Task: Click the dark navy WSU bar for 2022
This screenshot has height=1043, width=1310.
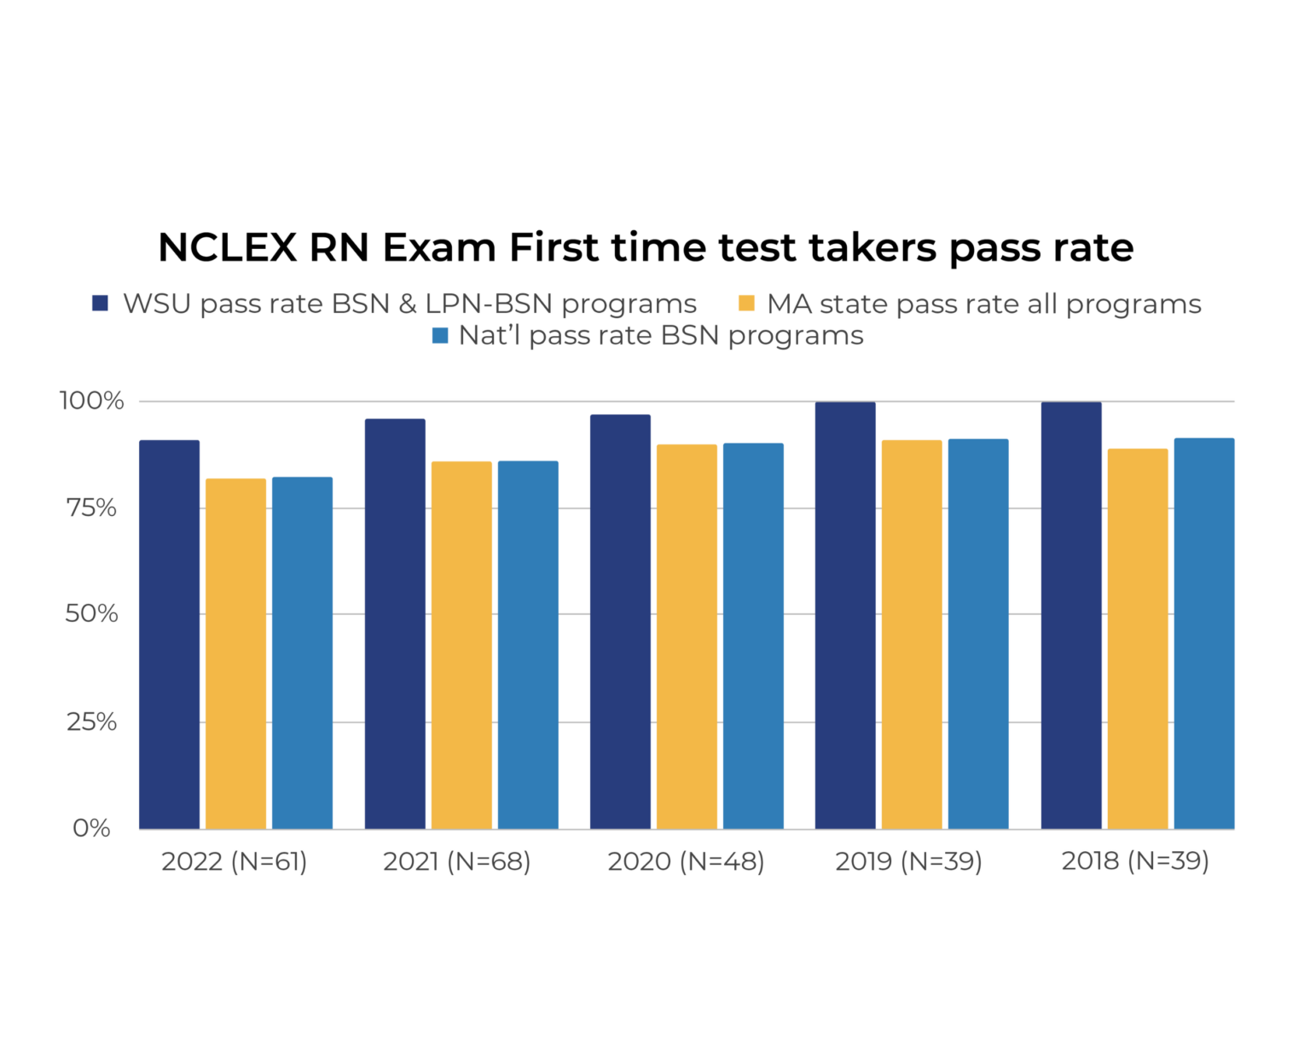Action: click(169, 634)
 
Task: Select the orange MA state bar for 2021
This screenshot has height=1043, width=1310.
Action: click(461, 645)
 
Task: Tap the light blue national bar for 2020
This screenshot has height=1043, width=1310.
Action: click(753, 636)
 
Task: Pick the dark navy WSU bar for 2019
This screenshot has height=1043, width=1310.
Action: click(845, 615)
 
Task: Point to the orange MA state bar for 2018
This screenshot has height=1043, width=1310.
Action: click(1138, 639)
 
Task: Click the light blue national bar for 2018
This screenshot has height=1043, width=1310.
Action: click(1204, 634)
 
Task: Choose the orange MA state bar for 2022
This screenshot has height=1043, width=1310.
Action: click(235, 653)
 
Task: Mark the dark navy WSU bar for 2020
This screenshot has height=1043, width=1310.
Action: click(620, 622)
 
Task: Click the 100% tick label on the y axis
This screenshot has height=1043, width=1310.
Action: click(91, 401)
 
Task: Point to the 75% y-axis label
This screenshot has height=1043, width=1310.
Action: click(91, 508)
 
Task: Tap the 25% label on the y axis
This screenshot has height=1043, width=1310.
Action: click(91, 722)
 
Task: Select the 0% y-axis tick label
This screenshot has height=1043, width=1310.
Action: click(91, 828)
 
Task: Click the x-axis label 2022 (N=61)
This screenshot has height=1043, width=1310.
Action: click(234, 861)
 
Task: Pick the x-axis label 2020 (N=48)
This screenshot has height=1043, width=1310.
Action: click(686, 861)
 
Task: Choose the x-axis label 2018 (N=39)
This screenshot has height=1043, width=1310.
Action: click(1135, 861)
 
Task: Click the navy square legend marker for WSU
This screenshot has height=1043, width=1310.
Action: click(101, 304)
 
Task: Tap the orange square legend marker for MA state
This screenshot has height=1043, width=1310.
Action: click(746, 304)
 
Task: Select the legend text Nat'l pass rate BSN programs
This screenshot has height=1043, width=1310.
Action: click(661, 336)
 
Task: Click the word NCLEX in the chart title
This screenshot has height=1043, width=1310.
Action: click(227, 248)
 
